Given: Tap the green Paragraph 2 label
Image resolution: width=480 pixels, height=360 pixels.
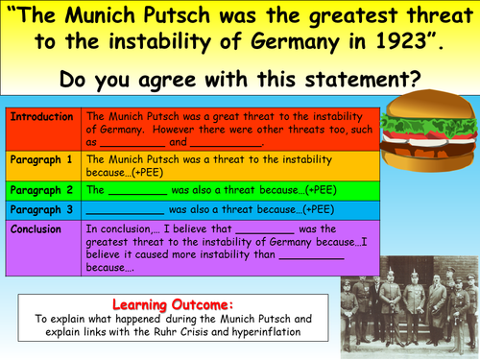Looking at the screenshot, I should point(41,190).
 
